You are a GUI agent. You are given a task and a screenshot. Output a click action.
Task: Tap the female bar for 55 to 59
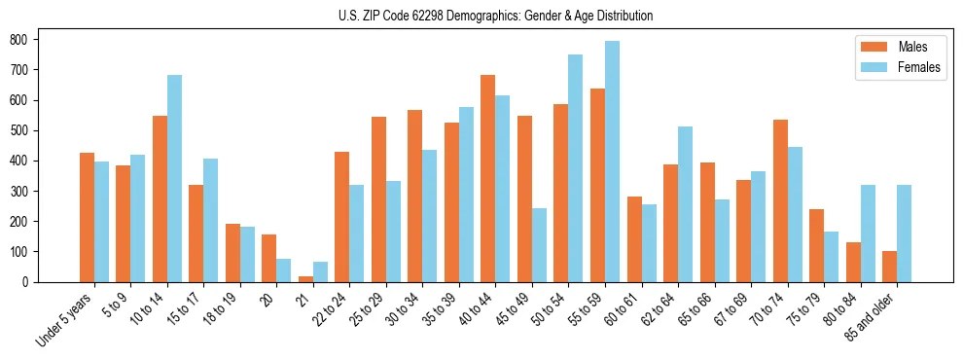coord(612,162)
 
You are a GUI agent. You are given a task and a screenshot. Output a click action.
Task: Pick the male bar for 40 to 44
coord(488,178)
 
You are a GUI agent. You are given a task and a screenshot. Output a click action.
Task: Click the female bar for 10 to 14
coord(174,178)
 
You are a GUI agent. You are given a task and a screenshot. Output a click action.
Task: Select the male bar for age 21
coord(305,278)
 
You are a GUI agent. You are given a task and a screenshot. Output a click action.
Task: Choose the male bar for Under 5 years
coord(87,217)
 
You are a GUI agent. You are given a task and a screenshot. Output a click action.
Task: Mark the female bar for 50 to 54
coord(576,168)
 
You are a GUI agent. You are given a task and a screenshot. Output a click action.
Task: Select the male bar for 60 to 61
coord(634,239)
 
